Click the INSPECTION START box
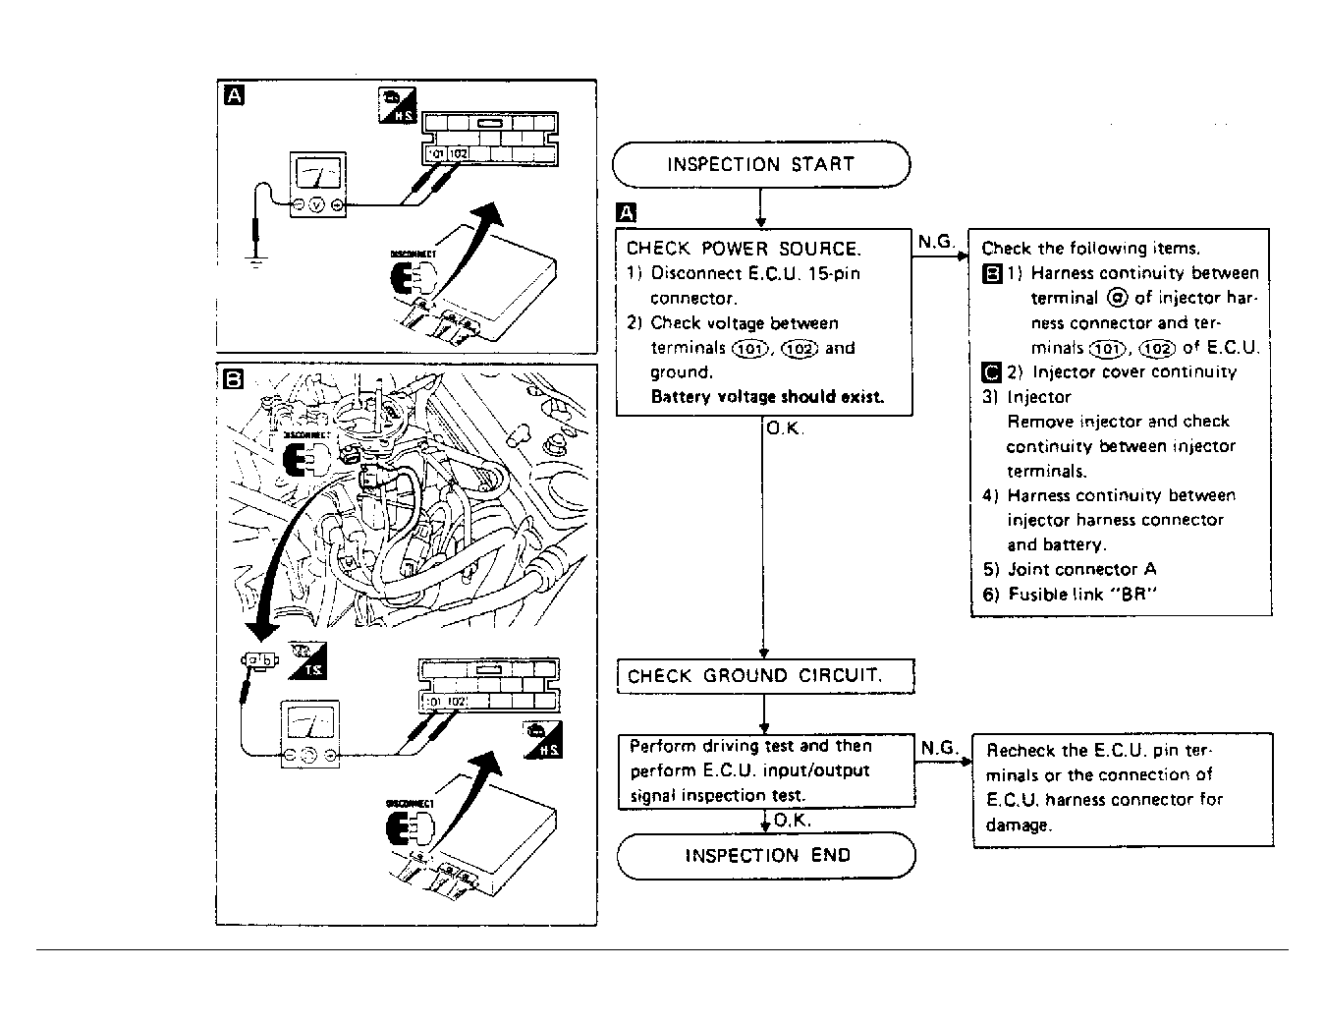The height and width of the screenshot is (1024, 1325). pyautogui.click(x=760, y=164)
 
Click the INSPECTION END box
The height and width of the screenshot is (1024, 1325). pyautogui.click(x=766, y=855)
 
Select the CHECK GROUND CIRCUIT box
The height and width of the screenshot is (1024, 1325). pyautogui.click(x=764, y=676)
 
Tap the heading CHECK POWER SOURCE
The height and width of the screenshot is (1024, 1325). pyautogui.click(x=744, y=249)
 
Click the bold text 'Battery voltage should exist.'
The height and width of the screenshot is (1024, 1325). pyautogui.click(x=767, y=397)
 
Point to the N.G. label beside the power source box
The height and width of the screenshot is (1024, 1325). pyautogui.click(x=936, y=242)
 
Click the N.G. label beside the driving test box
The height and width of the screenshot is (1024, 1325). pyautogui.click(x=939, y=748)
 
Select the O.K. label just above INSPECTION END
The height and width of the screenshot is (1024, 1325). pyautogui.click(x=792, y=821)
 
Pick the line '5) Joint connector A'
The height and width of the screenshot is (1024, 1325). pyautogui.click(x=1070, y=569)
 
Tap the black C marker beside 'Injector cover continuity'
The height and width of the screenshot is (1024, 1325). pyautogui.click(x=991, y=371)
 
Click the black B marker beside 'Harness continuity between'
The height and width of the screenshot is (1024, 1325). pyautogui.click(x=991, y=273)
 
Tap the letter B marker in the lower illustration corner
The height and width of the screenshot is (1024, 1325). pyautogui.click(x=234, y=379)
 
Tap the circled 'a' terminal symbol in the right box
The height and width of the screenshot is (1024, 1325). pyautogui.click(x=1116, y=298)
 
